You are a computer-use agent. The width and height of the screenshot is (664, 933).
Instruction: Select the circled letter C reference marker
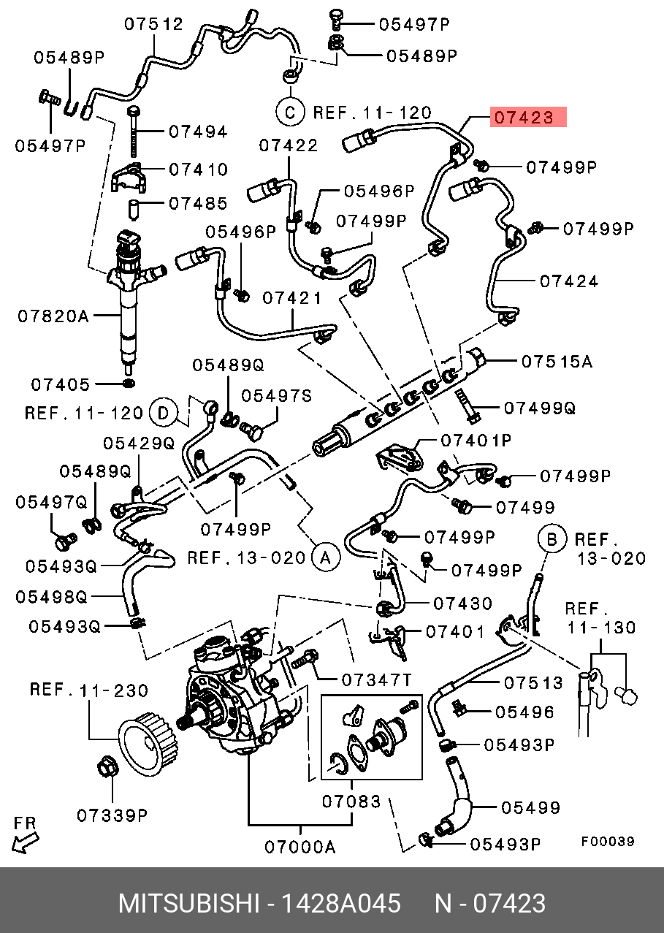click(x=290, y=113)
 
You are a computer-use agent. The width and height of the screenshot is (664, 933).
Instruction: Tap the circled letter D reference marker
click(x=164, y=414)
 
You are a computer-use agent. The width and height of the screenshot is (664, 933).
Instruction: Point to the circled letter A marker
click(x=325, y=558)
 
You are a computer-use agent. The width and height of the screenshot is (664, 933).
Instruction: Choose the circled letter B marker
click(x=552, y=540)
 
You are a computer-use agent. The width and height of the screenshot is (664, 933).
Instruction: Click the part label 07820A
click(x=53, y=316)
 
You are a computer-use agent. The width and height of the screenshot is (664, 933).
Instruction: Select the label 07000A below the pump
click(x=299, y=848)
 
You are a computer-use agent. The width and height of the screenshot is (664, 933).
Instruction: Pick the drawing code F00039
click(x=608, y=842)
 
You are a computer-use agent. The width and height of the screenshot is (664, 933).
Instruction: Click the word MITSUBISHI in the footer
click(x=188, y=904)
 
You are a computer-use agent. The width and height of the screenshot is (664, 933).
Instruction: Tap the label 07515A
click(x=557, y=361)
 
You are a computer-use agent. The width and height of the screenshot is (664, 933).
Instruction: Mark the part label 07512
click(x=153, y=24)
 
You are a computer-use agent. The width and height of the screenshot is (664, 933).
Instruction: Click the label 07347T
click(x=377, y=680)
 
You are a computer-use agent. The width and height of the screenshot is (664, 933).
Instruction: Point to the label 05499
click(x=530, y=807)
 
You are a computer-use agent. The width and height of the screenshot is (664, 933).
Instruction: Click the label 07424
click(x=569, y=281)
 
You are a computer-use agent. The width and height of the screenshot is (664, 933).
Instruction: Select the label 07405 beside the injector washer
click(x=60, y=384)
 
